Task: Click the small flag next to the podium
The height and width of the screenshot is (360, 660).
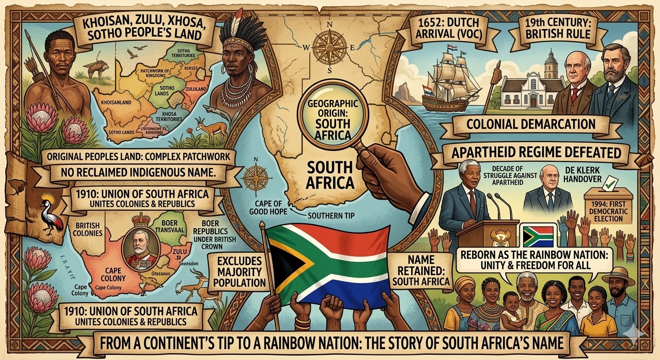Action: tap(539, 236)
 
